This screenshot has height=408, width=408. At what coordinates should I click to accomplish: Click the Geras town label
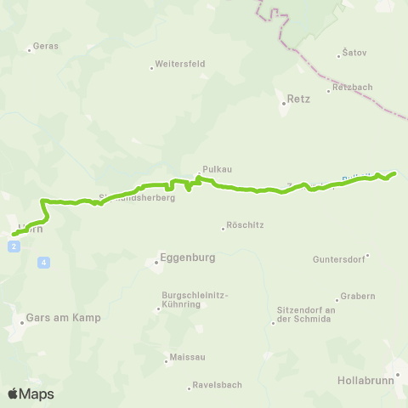pos(46,46)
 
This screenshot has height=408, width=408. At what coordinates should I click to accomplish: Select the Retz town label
pos(298,99)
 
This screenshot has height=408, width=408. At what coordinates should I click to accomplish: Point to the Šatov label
pos(354,53)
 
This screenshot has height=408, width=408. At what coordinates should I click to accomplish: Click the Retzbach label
pos(352,88)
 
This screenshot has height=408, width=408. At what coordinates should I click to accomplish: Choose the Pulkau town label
pos(212,168)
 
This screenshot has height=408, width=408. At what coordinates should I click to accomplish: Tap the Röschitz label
pos(241,227)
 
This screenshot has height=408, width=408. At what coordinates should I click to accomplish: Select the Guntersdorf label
pos(339,258)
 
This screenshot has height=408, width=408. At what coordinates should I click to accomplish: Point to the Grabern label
pos(357,297)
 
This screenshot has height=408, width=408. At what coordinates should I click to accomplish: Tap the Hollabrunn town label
pos(365,381)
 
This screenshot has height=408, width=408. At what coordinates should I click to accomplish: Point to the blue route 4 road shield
pos(42,263)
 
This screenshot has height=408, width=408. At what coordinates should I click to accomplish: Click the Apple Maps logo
pos(30,394)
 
